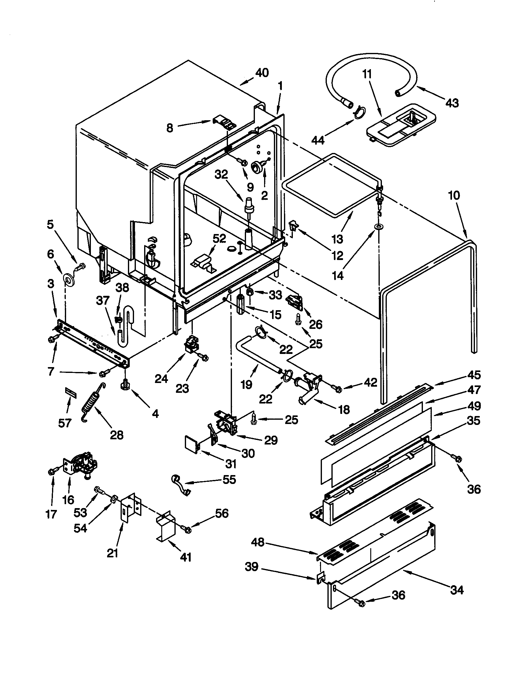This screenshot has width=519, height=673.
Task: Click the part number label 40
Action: pos(262,73)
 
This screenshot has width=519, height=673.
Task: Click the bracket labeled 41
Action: pos(166,528)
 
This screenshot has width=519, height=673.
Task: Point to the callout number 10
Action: pos(454,195)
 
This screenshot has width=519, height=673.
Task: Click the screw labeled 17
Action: pos(51,471)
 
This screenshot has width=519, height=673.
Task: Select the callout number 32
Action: pos(221,174)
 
